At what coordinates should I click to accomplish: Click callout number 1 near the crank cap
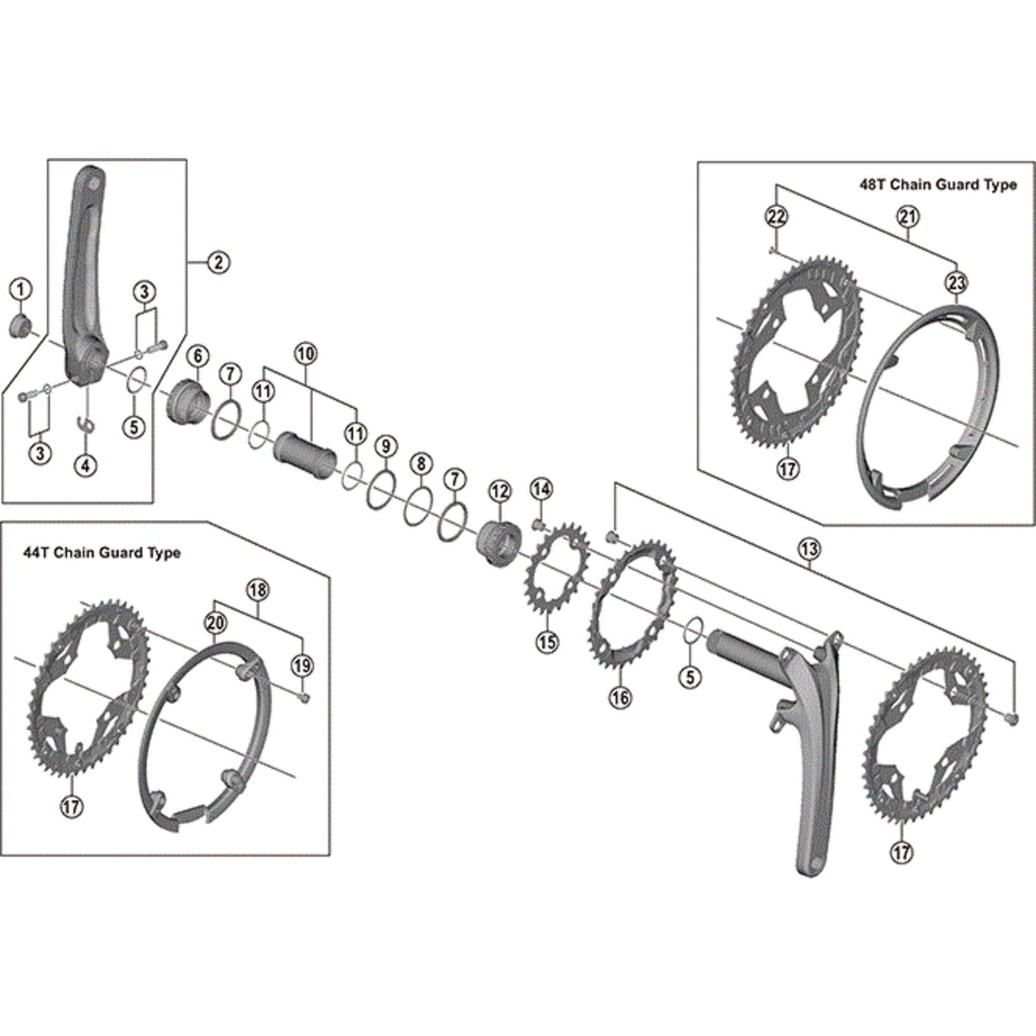click(x=20, y=291)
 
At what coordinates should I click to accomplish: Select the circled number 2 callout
click(x=218, y=262)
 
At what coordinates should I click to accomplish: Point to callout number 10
click(x=306, y=354)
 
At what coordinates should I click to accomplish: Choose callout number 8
click(x=421, y=464)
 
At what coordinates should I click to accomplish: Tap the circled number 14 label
click(x=541, y=489)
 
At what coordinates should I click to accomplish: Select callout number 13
click(x=809, y=549)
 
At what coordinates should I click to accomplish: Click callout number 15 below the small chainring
click(x=548, y=641)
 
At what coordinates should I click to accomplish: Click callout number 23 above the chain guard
click(x=957, y=283)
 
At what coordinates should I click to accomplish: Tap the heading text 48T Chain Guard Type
click(x=938, y=185)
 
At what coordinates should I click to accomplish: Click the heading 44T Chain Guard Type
click(x=102, y=553)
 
